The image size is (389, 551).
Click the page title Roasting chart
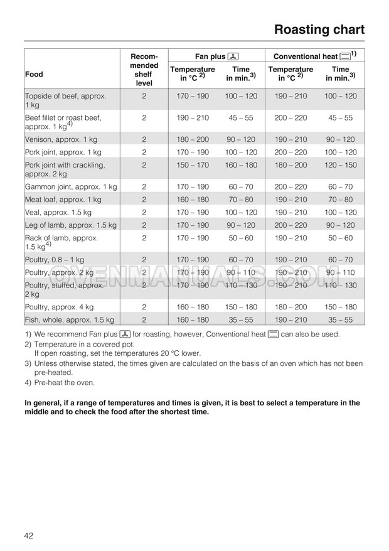[319, 29]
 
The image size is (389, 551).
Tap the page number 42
[29, 535]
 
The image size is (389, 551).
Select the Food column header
[34, 74]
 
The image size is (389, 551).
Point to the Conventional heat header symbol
[344, 56]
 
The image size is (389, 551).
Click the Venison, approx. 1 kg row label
[61, 139]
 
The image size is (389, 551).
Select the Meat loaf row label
[63, 200]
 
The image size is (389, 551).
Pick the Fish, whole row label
[69, 320]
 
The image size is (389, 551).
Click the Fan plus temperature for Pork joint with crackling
[193, 165]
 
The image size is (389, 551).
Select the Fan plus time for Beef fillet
[241, 117]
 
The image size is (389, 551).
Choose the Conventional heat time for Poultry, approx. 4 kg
[340, 308]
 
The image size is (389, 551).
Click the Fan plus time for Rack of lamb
[241, 238]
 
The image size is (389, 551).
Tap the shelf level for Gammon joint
[144, 187]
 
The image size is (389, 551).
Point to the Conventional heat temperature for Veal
[290, 212]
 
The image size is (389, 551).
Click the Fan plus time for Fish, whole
[241, 320]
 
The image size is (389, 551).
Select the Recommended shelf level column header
[144, 70]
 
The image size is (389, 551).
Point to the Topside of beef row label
[65, 100]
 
